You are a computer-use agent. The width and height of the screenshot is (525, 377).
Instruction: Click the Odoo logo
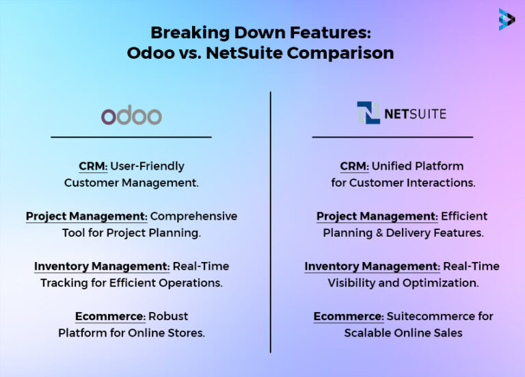tap(131, 115)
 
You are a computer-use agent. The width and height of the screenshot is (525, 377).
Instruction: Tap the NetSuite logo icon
tap(368, 113)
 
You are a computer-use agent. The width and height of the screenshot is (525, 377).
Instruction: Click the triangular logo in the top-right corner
tap(507, 19)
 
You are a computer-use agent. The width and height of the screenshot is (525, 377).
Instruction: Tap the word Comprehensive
tap(194, 216)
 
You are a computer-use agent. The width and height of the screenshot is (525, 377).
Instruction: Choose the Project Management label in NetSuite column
tap(377, 216)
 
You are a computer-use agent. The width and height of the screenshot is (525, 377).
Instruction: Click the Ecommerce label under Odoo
tap(110, 316)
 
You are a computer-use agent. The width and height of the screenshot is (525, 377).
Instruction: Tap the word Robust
tap(169, 316)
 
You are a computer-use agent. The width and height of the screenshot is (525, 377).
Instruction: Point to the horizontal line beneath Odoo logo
tap(131, 137)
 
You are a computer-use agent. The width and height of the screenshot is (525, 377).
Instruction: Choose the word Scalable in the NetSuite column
tap(368, 333)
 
